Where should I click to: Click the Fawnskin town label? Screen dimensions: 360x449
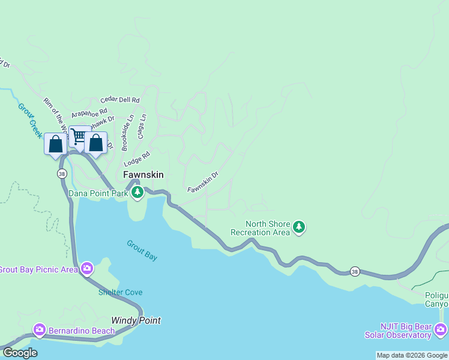tap(143, 175)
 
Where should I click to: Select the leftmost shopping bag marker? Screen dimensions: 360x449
tap(55, 144)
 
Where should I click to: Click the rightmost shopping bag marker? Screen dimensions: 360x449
tap(95, 143)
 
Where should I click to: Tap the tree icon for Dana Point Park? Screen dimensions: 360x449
tap(138, 193)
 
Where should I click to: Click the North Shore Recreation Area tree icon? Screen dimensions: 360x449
tap(299, 227)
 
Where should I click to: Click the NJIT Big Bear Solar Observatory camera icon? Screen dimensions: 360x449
tap(441, 329)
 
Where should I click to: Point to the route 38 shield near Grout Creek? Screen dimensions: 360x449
tap(62, 173)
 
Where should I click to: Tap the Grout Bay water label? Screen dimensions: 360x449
tap(142, 250)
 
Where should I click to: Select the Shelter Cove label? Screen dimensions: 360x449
tap(121, 292)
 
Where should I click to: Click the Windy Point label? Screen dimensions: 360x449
tap(136, 320)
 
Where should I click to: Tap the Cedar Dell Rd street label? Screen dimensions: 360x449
tap(120, 100)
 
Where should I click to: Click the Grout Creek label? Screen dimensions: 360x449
tap(28, 121)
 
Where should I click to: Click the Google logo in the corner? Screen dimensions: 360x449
tap(20, 353)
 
